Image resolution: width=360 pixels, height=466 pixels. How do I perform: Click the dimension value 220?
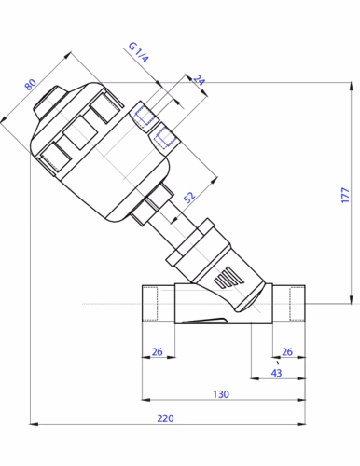pyautogui.click(x=165, y=418)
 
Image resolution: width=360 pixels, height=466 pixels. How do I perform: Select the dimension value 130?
pyautogui.click(x=221, y=394)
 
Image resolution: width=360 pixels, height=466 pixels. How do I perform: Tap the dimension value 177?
pyautogui.click(x=345, y=195)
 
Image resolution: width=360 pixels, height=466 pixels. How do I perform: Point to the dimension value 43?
pyautogui.click(x=276, y=373)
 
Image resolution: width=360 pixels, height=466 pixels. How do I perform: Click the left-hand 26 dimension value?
pyautogui.click(x=157, y=351)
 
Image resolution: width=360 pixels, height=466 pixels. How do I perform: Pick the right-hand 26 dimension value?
pyautogui.click(x=287, y=351)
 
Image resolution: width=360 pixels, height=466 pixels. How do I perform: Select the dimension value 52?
pyautogui.click(x=189, y=197)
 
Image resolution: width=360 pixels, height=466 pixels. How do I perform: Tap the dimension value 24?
pyautogui.click(x=200, y=80)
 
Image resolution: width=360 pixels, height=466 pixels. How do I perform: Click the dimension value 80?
pyautogui.click(x=31, y=85)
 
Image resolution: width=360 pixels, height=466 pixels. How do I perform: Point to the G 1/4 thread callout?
pyautogui.click(x=139, y=52)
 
